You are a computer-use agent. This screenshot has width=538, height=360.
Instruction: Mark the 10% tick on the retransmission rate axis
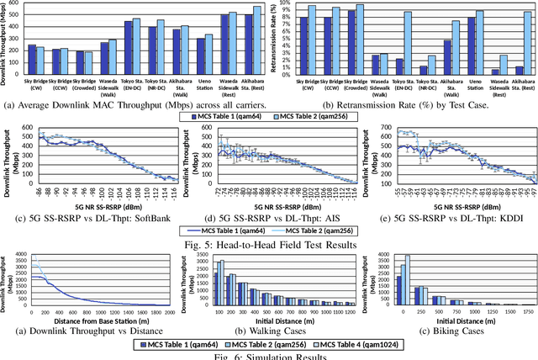point(291,3)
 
